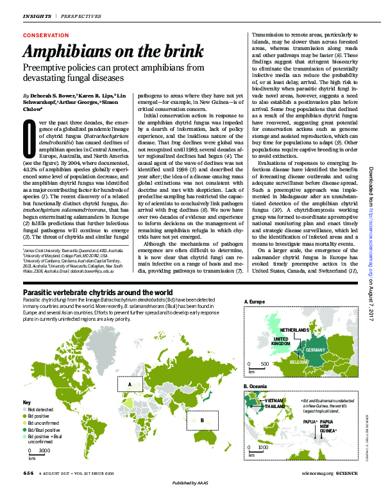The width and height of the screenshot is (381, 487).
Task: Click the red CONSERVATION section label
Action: coord(46,35)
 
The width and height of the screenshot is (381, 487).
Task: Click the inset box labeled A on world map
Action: coord(131,384)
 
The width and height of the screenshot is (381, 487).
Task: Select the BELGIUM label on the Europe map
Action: coord(300,362)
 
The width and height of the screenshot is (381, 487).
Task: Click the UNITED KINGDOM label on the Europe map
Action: coord(282,341)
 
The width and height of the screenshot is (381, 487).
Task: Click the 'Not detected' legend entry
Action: coord(40,408)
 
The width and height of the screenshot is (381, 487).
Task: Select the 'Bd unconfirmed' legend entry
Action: coord(42,422)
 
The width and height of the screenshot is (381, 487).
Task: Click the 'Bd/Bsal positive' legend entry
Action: coord(42,429)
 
